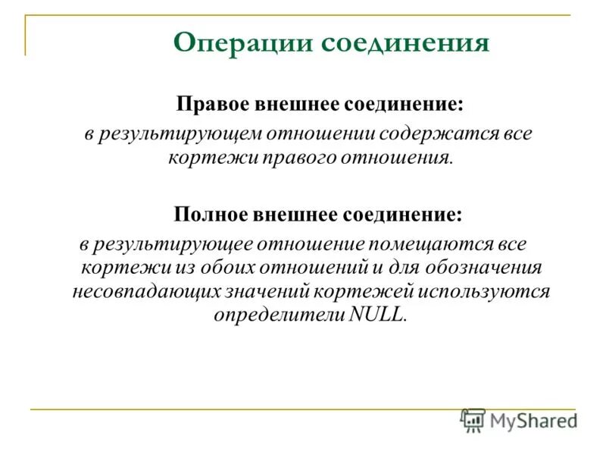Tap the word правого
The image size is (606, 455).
(x=298, y=158)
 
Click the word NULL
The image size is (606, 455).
(x=378, y=315)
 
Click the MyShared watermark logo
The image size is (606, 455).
(x=519, y=419)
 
